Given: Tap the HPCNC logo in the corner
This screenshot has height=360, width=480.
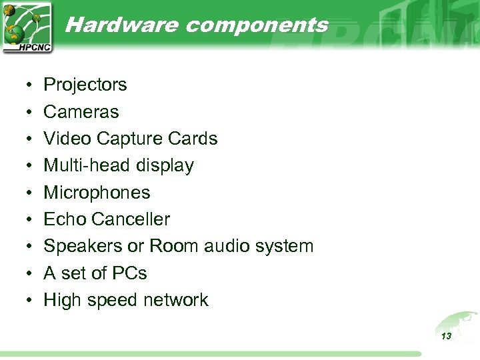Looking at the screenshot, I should coord(27,27).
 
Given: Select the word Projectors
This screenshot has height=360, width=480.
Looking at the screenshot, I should coord(85,85).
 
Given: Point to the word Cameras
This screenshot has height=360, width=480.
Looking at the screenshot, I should coord(81,112).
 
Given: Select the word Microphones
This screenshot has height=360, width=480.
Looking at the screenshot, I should coord(97,193).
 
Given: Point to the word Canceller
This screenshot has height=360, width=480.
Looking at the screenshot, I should coord(131,219).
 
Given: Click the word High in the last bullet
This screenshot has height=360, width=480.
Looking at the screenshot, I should coord(63,300).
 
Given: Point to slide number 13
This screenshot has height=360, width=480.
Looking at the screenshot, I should coord(446,336).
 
